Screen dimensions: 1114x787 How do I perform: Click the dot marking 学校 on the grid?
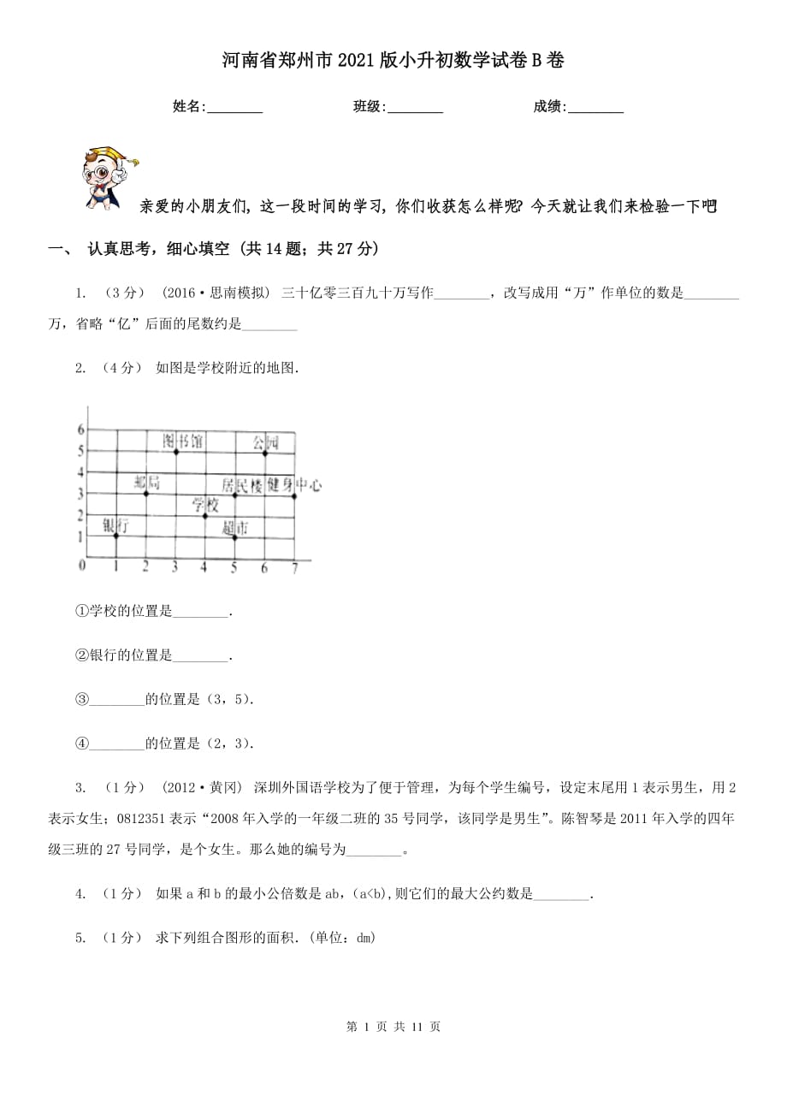[204, 515]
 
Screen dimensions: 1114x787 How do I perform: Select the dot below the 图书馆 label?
[175, 451]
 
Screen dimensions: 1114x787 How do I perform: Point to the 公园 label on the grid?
[265, 442]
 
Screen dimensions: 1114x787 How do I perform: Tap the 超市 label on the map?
[234, 529]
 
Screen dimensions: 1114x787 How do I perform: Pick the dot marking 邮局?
[146, 494]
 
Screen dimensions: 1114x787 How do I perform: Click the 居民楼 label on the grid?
[242, 485]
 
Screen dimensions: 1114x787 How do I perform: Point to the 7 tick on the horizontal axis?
[294, 568]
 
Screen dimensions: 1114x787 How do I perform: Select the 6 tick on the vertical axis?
[81, 429]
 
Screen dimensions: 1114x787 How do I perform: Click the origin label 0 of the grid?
[82, 566]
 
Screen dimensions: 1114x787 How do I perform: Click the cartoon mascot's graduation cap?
[123, 157]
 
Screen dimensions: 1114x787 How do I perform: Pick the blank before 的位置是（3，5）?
[116, 699]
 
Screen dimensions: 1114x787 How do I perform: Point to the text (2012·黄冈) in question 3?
[202, 787]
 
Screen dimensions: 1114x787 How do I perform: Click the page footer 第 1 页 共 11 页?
[393, 1027]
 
